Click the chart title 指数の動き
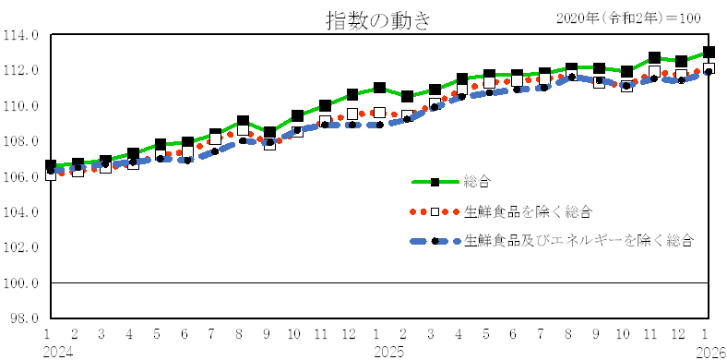(x=377, y=19)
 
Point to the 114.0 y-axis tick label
(x=21, y=35)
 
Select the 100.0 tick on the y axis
(x=21, y=282)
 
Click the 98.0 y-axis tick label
(x=23, y=318)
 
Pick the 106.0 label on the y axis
(x=21, y=176)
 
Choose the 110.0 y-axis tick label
(x=21, y=106)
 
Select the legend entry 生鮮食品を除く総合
(x=528, y=211)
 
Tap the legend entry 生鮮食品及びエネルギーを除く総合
(x=579, y=240)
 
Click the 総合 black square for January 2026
(x=709, y=53)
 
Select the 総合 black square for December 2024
(x=352, y=94)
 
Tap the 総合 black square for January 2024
(x=50, y=166)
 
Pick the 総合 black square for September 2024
(x=269, y=133)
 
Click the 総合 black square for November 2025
(x=654, y=58)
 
